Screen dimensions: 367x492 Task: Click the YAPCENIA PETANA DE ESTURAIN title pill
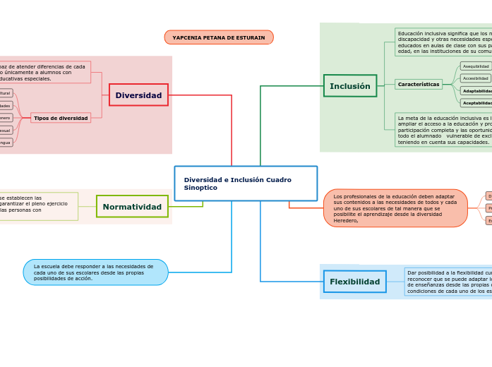click(219, 37)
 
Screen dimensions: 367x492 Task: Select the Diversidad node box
click(138, 95)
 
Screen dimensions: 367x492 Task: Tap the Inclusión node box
click(350, 86)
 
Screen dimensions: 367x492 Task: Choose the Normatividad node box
click(132, 207)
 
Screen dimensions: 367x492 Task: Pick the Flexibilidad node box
click(355, 282)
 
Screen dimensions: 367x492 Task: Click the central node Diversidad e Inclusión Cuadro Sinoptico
click(246, 183)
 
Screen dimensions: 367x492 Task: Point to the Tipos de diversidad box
click(61, 118)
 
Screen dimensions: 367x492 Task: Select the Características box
click(419, 84)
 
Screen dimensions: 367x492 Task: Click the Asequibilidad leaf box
click(476, 66)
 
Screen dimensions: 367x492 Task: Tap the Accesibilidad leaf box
click(476, 78)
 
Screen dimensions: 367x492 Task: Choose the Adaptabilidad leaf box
click(476, 91)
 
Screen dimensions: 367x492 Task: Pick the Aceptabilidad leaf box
click(476, 103)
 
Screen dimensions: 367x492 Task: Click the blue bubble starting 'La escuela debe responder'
click(95, 272)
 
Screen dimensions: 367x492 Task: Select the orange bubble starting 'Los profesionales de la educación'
click(395, 208)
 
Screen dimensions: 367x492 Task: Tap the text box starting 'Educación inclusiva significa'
click(443, 42)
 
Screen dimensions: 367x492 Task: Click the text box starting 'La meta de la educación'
click(443, 130)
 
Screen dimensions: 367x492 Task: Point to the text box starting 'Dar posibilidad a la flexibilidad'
click(448, 282)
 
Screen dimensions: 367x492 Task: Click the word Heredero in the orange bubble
click(346, 221)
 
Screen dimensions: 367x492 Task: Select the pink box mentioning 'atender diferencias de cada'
click(44, 72)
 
